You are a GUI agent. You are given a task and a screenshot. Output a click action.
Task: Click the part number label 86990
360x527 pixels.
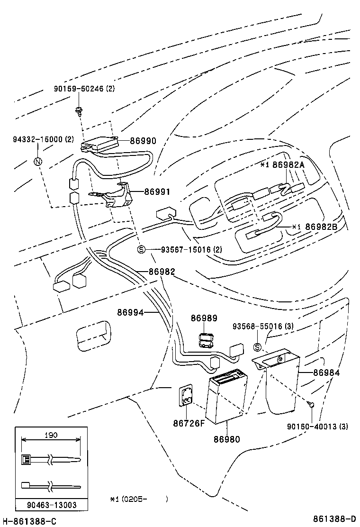pos(143,141)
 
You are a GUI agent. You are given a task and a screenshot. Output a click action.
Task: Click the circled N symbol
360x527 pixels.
pos(38,162)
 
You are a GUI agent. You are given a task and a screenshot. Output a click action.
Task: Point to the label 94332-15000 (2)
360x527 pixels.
pos(43,139)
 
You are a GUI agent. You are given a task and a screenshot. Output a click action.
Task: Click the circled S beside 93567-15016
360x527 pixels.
pos(141,249)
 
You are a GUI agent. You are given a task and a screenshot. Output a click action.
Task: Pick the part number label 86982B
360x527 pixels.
pos(321,227)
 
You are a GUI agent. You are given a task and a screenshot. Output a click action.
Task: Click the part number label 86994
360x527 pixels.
pos(131,312)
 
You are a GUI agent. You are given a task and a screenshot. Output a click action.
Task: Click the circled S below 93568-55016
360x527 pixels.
pos(258,347)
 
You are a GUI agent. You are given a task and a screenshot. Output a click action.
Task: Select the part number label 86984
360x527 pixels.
pos(326,373)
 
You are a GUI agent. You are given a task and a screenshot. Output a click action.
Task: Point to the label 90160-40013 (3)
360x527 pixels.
pos(317,426)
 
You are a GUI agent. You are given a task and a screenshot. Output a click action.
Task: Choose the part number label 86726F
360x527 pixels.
pos(189,423)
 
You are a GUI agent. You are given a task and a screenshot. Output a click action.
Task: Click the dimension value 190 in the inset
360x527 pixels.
pos(51,435)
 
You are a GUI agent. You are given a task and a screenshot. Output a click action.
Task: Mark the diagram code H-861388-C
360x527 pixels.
pos(29,521)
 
